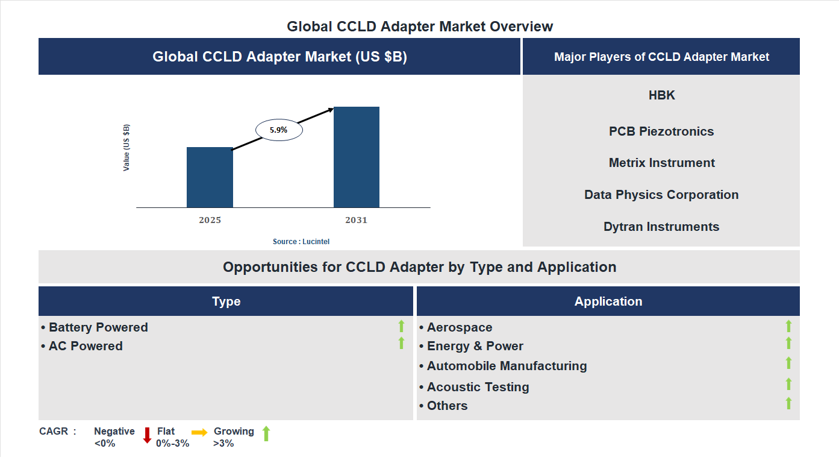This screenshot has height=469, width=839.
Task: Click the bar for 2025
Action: pyautogui.click(x=210, y=177)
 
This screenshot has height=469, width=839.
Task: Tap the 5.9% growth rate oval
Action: pyautogui.click(x=279, y=130)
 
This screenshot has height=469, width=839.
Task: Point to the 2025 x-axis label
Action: pyautogui.click(x=210, y=220)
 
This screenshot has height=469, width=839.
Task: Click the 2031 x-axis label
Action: pyautogui.click(x=356, y=220)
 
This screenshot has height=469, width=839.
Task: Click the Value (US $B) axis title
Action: pyautogui.click(x=126, y=148)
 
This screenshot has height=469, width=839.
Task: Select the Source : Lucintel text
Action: pyautogui.click(x=301, y=242)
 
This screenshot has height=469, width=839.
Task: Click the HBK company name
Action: pyautogui.click(x=661, y=95)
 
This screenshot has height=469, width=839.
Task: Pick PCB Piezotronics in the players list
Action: pyautogui.click(x=661, y=131)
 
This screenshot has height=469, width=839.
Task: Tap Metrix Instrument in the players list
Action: pyautogui.click(x=661, y=163)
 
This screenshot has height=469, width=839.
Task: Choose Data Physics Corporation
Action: pyautogui.click(x=661, y=195)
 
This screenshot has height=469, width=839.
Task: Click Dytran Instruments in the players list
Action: pyautogui.click(x=661, y=227)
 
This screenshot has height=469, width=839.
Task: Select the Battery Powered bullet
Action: pyautogui.click(x=95, y=327)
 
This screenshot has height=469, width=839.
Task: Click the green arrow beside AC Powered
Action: pyautogui.click(x=401, y=344)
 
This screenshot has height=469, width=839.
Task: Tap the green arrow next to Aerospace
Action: pyautogui.click(x=788, y=326)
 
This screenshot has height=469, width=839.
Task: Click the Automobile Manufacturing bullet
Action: pyautogui.click(x=503, y=366)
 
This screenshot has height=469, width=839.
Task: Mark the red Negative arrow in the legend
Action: pyautogui.click(x=147, y=435)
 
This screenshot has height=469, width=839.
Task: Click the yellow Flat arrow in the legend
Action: pyautogui.click(x=199, y=432)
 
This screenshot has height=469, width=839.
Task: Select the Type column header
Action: pyautogui.click(x=226, y=301)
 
